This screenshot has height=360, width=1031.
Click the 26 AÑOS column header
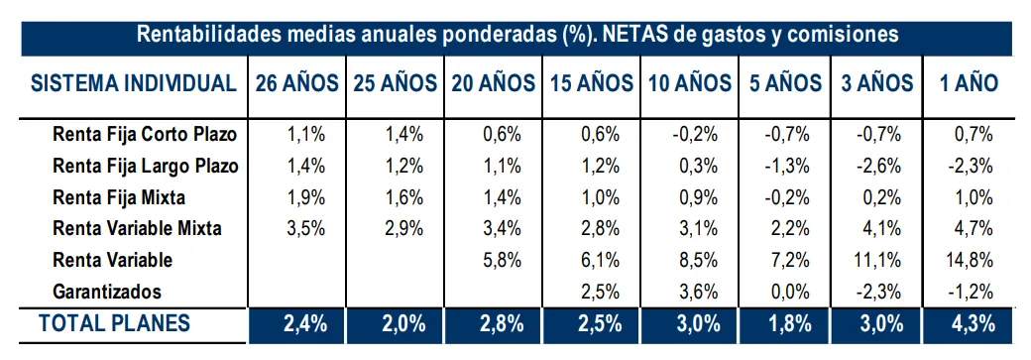[x=296, y=83]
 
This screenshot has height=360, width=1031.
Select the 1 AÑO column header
[x=969, y=83]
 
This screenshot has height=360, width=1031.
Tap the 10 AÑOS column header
[x=689, y=83]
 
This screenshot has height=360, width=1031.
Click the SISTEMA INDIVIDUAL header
[x=134, y=83]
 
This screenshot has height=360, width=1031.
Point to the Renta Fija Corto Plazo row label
[x=145, y=134]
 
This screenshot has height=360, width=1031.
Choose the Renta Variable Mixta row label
[x=137, y=228]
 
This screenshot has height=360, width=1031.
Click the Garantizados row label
[x=106, y=291]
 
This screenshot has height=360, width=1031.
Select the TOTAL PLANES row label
[x=114, y=323]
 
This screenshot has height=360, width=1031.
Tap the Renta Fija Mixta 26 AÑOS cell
[x=305, y=197]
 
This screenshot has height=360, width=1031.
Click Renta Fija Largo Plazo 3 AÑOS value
[x=878, y=166]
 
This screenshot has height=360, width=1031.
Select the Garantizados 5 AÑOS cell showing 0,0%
[x=790, y=292]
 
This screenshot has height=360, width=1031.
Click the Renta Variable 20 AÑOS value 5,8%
[x=502, y=260]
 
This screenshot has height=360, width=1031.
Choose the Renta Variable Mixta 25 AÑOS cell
[x=403, y=228]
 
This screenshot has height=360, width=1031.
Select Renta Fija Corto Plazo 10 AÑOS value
[x=695, y=135]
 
